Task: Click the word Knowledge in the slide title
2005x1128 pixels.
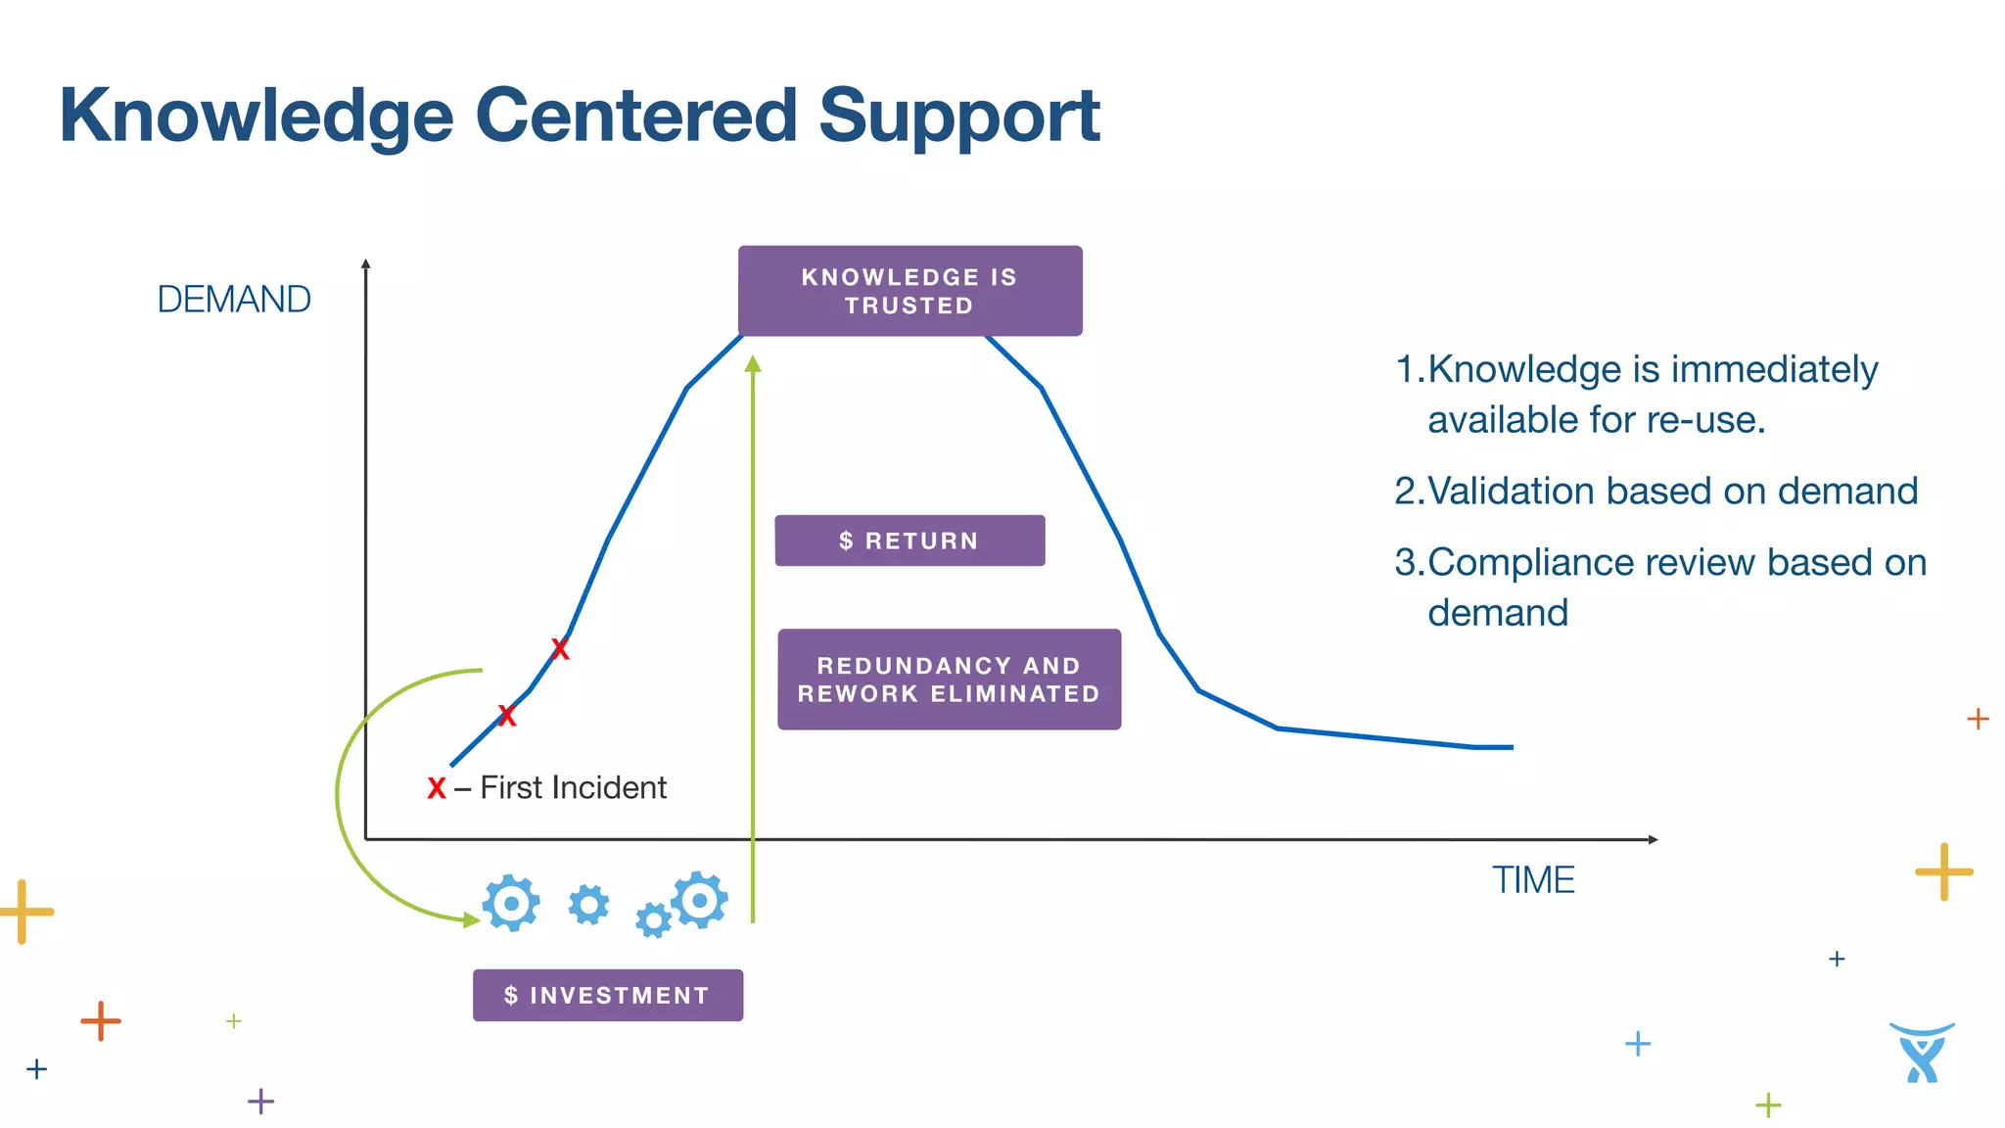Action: [x=256, y=117]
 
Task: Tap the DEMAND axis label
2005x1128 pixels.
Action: [x=234, y=300]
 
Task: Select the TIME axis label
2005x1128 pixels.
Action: [x=1532, y=880]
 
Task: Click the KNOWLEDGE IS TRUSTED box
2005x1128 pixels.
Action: [x=909, y=291]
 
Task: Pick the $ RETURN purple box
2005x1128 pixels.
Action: [x=909, y=540]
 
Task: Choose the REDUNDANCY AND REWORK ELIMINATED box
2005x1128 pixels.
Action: [x=949, y=680]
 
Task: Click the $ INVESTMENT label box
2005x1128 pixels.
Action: [x=607, y=996]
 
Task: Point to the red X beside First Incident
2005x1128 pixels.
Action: [x=437, y=788]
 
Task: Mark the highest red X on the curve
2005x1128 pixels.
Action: [x=560, y=649]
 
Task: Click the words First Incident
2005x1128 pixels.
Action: [x=573, y=788]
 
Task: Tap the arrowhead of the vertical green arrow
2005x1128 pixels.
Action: [x=753, y=364]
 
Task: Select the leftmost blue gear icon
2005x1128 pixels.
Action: [x=511, y=903]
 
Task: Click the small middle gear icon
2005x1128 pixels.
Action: [x=588, y=905]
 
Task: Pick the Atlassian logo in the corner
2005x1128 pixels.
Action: [x=1922, y=1053]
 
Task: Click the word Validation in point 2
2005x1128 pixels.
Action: [x=1516, y=492]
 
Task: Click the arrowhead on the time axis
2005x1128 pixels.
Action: [x=1652, y=839]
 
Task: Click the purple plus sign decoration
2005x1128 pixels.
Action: [x=260, y=1102]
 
